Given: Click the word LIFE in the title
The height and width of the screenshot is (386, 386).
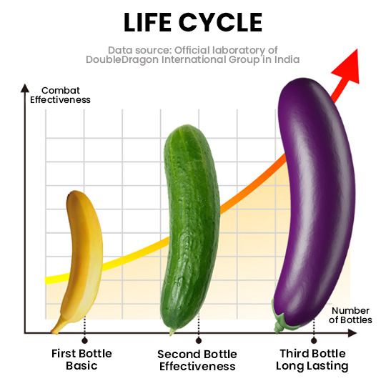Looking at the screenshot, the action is [147, 22].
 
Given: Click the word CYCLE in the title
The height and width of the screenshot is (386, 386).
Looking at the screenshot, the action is [221, 22].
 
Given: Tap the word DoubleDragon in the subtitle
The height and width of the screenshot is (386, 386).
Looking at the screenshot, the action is [122, 60].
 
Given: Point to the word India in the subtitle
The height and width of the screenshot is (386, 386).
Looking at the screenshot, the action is [287, 59].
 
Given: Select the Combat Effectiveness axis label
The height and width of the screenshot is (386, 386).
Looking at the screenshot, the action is [60, 95].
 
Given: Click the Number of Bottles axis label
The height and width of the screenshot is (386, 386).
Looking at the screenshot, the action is [350, 315].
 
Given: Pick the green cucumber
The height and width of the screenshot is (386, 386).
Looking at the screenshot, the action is [190, 228].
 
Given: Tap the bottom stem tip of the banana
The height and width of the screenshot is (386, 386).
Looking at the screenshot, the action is [54, 332].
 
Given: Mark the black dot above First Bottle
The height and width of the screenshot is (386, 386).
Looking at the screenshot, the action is [84, 341].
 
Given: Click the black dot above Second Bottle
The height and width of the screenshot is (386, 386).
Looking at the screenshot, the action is [199, 341].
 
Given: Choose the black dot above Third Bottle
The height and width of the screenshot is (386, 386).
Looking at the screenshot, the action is [314, 341].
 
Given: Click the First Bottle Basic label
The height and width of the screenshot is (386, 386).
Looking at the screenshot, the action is [81, 360].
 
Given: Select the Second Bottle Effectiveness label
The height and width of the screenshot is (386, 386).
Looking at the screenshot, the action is [197, 360].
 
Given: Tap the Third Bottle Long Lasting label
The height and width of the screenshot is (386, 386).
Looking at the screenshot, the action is [312, 360].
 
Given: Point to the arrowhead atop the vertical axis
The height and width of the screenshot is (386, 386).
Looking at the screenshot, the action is [25, 88].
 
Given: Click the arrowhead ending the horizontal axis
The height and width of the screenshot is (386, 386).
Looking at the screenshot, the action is [352, 333].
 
